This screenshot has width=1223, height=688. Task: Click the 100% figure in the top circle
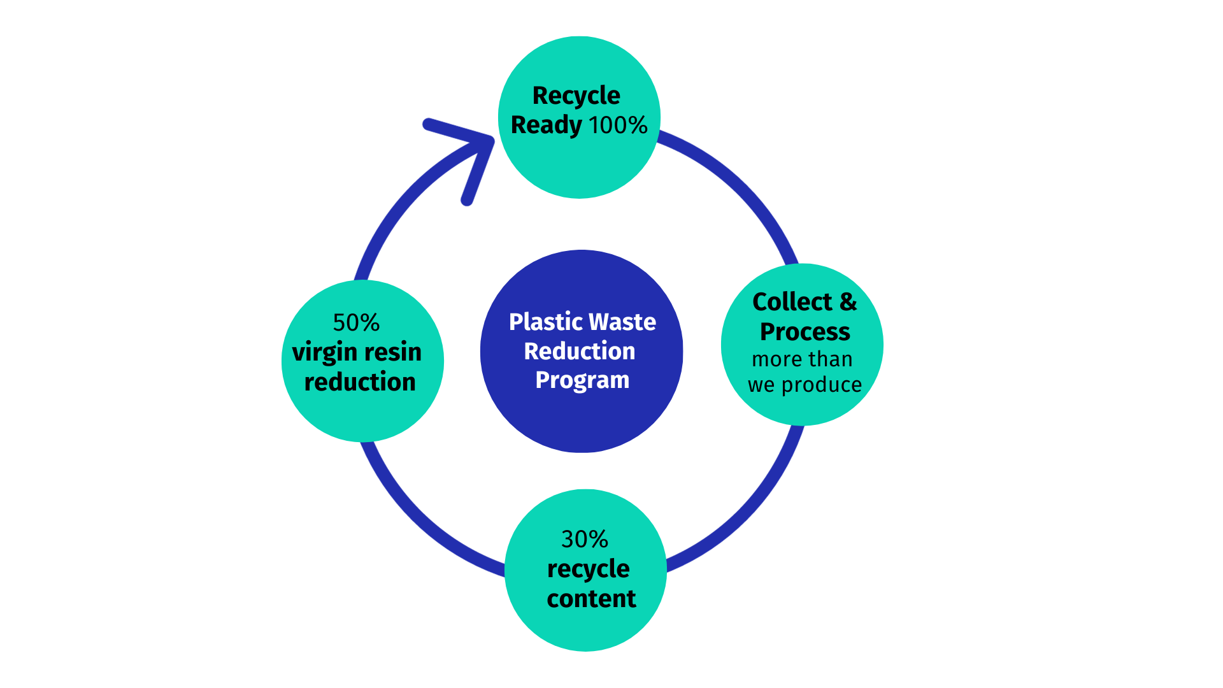tap(618, 125)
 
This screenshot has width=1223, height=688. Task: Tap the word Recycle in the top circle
tap(576, 96)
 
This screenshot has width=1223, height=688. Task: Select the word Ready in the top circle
tap(546, 125)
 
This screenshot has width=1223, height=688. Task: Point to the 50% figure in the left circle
tap(356, 322)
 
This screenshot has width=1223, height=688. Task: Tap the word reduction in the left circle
tap(360, 382)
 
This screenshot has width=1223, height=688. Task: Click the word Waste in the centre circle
tap(624, 322)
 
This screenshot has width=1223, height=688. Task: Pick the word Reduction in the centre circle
tap(580, 351)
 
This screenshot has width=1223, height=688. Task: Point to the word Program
tap(582, 380)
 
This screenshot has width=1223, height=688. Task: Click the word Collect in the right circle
tap(792, 301)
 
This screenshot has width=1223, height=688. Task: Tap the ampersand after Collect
tap(848, 301)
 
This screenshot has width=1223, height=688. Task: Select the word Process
tap(805, 331)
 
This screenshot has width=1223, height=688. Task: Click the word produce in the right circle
tap(822, 385)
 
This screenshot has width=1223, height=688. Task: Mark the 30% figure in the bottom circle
tap(585, 539)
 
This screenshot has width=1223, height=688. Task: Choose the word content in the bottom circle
tap(591, 599)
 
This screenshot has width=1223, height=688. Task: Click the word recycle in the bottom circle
tap(588, 569)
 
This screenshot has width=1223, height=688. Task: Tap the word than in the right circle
tap(831, 359)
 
